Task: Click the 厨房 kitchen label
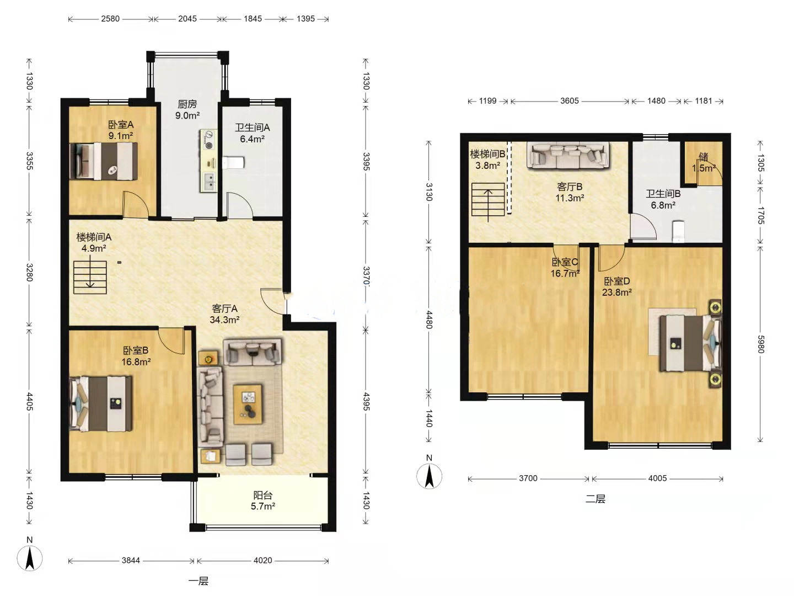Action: click(x=187, y=104)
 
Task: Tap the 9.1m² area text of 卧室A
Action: click(x=120, y=136)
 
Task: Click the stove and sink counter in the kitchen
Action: click(x=208, y=161)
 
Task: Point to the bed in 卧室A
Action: click(x=104, y=161)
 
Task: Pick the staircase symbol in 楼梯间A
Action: click(x=90, y=277)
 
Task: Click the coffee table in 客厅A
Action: click(x=248, y=404)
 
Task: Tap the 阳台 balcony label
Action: click(x=262, y=495)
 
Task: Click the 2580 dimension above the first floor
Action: click(x=110, y=19)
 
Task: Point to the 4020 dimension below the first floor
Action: click(x=262, y=561)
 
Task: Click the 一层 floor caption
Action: click(x=198, y=581)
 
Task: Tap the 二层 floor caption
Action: click(x=595, y=499)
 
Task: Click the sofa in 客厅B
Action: click(x=567, y=156)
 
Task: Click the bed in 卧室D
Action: click(x=690, y=343)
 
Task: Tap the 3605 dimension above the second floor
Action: click(x=570, y=101)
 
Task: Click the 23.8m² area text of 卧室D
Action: click(x=617, y=292)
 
